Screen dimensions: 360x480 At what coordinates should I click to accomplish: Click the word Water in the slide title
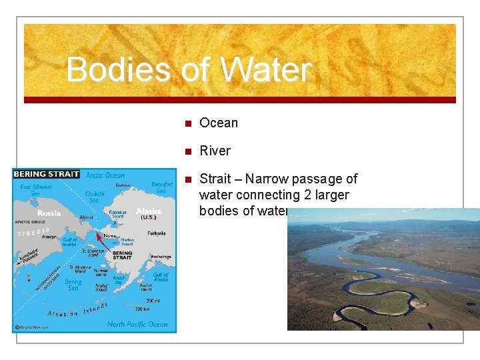pos(265,70)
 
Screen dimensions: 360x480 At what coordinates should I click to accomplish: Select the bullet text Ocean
pos(219,123)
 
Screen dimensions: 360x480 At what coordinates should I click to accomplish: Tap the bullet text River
pos(215,151)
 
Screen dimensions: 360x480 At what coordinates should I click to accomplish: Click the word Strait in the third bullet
pos(215,179)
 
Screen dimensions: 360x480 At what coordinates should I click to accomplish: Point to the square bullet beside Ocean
pos(188,123)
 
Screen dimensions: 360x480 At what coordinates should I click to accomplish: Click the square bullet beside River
pos(188,151)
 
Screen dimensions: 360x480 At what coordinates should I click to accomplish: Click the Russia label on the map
pos(49,213)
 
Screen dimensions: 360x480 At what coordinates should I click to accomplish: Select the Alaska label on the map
pos(149,211)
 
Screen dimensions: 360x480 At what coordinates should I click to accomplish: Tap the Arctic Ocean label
pos(105,175)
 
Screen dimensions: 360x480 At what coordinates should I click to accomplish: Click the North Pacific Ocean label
pos(137,324)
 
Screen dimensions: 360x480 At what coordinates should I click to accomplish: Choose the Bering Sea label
pos(73,285)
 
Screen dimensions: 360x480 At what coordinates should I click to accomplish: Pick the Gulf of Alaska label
pos(161,277)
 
